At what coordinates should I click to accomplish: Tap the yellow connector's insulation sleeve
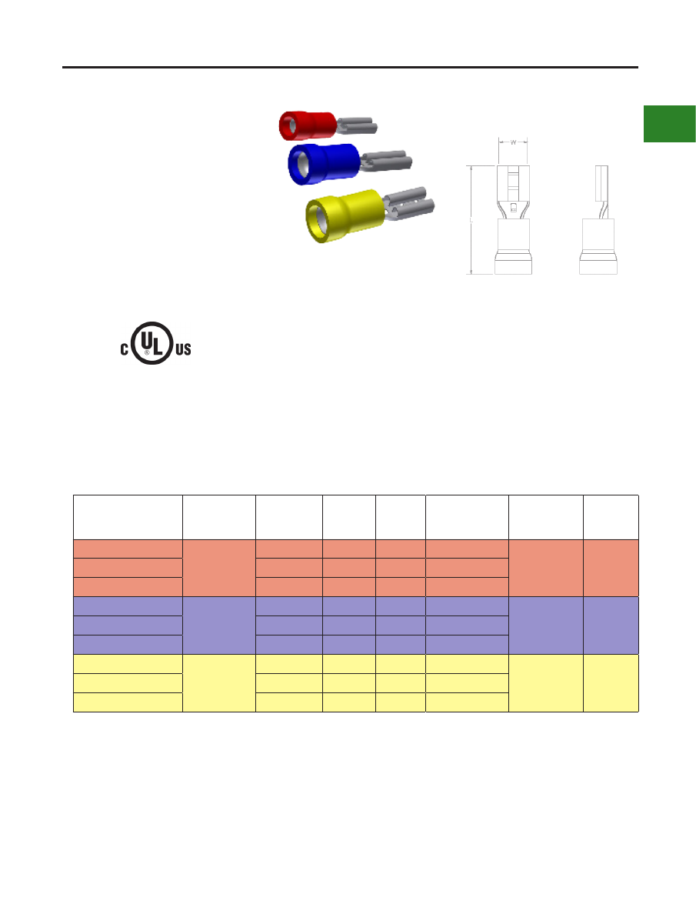345,215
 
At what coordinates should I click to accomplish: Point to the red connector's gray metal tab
357,125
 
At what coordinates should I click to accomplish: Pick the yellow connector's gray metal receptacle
408,204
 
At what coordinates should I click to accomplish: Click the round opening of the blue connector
298,165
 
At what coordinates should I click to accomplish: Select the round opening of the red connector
286,125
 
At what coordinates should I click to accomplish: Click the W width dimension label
513,142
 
